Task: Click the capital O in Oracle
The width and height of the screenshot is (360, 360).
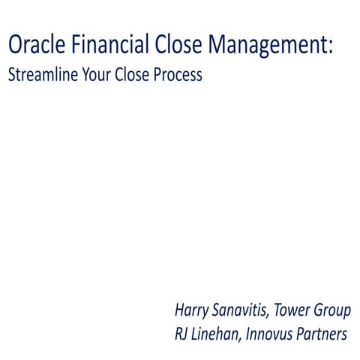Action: [x=15, y=46]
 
